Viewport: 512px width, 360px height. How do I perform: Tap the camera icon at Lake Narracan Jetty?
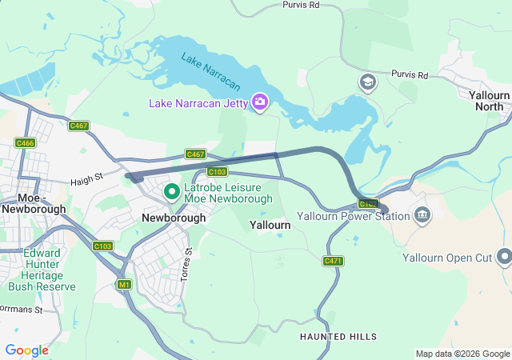(x=259, y=102)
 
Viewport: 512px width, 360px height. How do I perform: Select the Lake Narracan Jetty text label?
(x=198, y=102)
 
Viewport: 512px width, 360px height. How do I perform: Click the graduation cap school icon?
(x=367, y=82)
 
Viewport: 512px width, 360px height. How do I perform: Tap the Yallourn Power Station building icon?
(x=422, y=214)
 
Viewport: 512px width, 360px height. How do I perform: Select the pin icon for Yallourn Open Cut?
(x=504, y=257)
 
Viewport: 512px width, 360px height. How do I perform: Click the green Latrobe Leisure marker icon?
(x=171, y=191)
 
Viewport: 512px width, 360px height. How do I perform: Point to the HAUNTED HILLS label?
(x=338, y=337)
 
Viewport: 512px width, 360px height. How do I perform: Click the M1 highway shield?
(x=123, y=284)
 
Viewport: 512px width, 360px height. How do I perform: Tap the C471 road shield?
(x=333, y=262)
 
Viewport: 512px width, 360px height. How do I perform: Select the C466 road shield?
(x=25, y=142)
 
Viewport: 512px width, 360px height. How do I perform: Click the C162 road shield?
(x=367, y=204)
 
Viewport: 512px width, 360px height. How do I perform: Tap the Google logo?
(x=26, y=350)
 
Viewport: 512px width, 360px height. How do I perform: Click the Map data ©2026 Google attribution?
(x=462, y=354)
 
